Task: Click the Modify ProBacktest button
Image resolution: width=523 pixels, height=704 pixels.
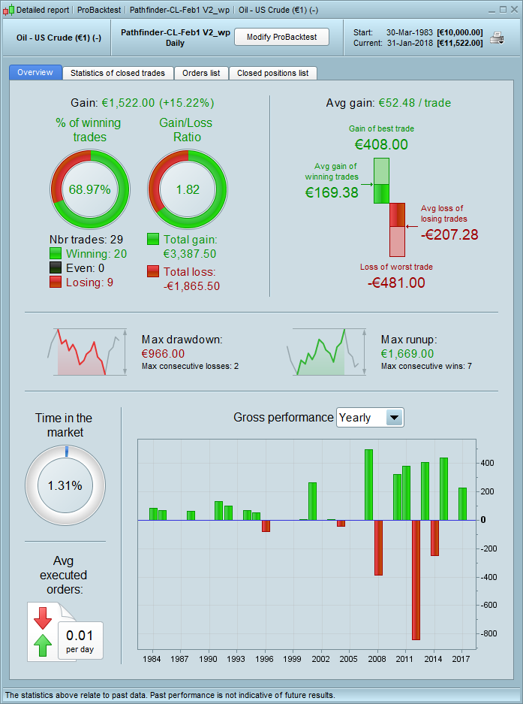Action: [281, 37]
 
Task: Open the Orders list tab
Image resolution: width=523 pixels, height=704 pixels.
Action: [201, 73]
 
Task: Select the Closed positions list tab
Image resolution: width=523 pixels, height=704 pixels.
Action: [272, 73]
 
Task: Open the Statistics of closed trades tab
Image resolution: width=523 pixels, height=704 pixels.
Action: [119, 73]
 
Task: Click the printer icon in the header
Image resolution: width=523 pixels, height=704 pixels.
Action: [497, 38]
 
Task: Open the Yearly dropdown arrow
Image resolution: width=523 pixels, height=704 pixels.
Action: [394, 418]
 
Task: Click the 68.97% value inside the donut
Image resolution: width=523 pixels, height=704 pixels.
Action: [89, 189]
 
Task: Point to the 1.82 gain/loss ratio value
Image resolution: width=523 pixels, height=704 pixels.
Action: [188, 189]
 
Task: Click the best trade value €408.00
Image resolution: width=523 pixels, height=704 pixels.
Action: [381, 144]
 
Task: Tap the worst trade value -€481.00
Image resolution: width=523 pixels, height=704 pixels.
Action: [396, 283]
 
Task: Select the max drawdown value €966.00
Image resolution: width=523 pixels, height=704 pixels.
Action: [163, 353]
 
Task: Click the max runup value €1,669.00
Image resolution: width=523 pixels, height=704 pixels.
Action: [407, 353]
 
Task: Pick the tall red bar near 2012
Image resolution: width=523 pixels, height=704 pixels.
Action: [416, 579]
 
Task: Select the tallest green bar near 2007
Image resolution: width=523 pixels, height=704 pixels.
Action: [368, 485]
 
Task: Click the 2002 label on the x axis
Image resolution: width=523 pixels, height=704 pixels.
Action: [322, 659]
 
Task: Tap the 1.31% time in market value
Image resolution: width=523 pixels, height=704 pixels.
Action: [65, 485]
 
